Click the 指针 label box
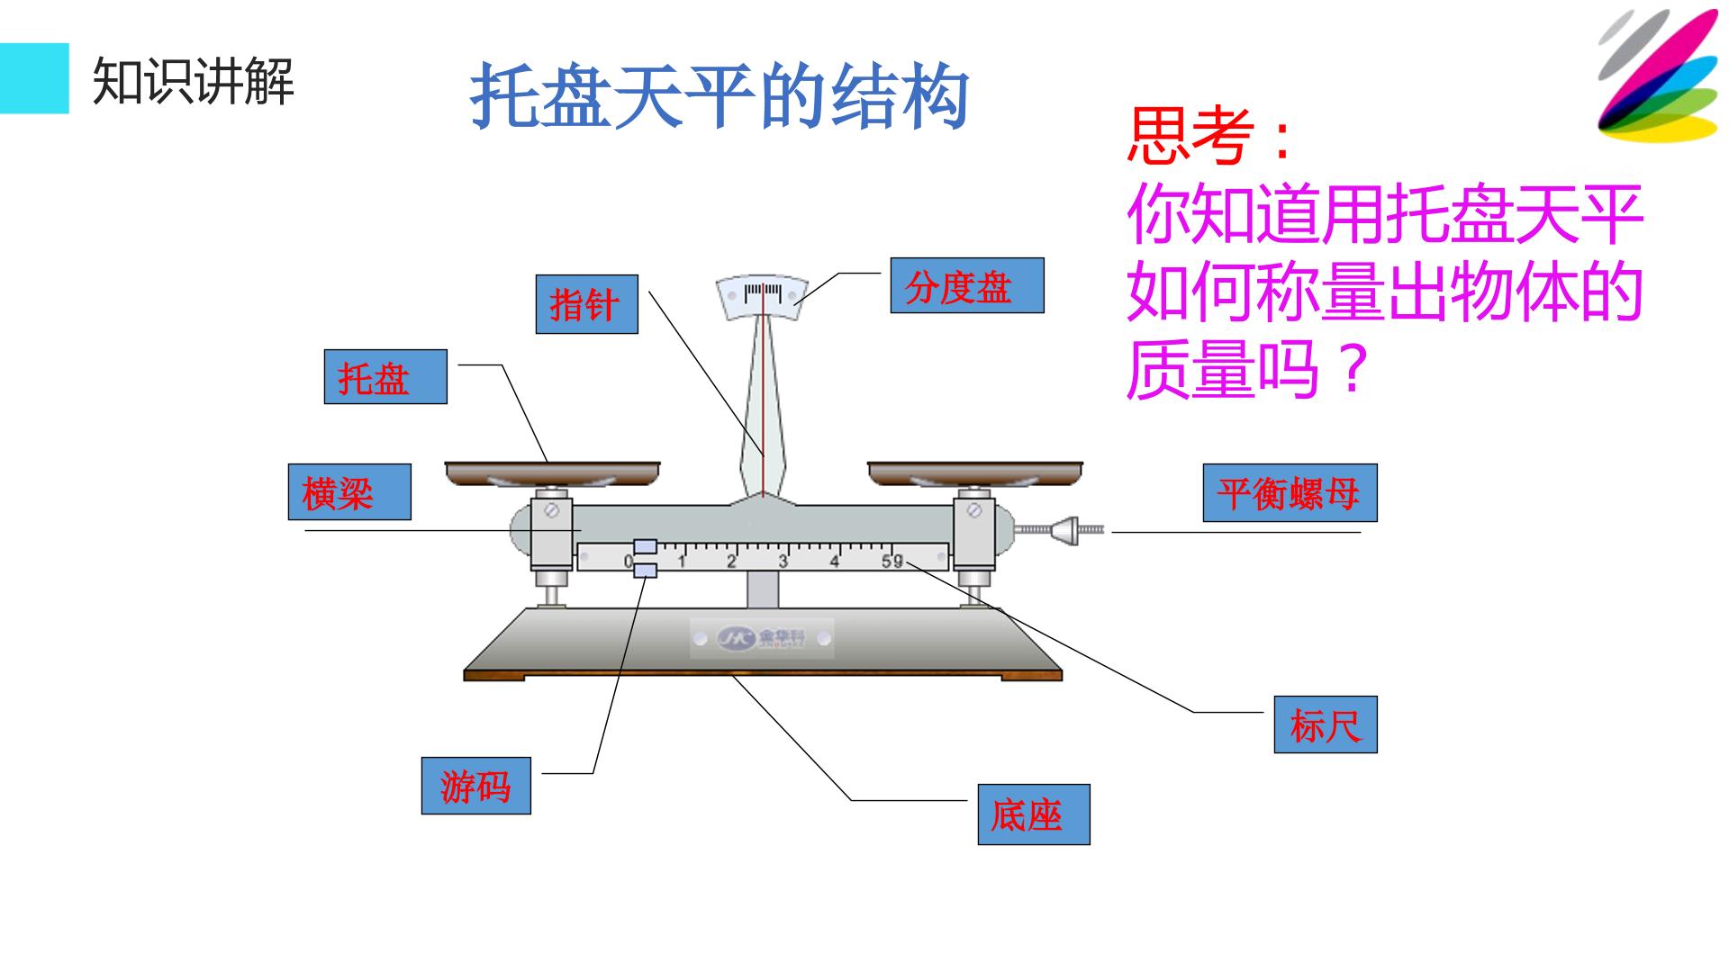(587, 304)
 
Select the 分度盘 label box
(967, 285)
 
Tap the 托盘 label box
(385, 376)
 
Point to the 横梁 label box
(349, 492)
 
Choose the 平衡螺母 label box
(1290, 492)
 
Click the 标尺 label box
(1326, 724)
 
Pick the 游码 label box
(476, 786)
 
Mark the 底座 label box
(1034, 814)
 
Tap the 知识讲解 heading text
(194, 81)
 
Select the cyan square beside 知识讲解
(34, 78)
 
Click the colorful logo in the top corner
(1658, 76)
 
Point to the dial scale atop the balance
(763, 296)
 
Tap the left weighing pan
(553, 473)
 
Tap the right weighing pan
(975, 473)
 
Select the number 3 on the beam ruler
(783, 562)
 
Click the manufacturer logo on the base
(762, 638)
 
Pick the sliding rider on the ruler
(645, 558)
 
